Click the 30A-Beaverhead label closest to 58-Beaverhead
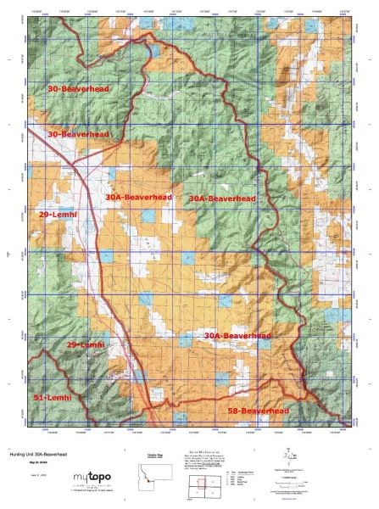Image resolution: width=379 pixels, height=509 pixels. click(237, 336)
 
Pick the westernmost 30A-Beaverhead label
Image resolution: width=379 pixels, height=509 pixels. click(139, 197)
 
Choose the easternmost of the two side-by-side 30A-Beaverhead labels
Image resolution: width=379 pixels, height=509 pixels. click(222, 198)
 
